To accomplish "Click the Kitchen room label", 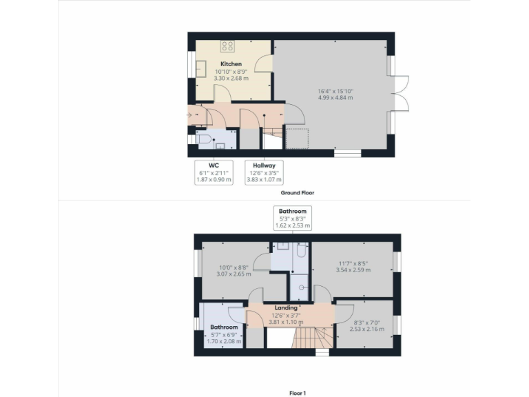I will coord(231,64).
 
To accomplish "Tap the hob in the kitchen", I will coord(227,46).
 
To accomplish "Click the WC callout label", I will coord(214,165).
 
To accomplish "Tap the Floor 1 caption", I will coord(298,392).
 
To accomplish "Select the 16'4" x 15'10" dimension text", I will coord(335,90).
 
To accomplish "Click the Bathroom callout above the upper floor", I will coord(293,218).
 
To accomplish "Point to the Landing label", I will coord(286,307).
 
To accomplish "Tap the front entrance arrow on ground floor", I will coord(190,115).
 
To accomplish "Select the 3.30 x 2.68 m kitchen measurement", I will coord(231,79).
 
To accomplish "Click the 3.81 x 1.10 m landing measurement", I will coord(286,322).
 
